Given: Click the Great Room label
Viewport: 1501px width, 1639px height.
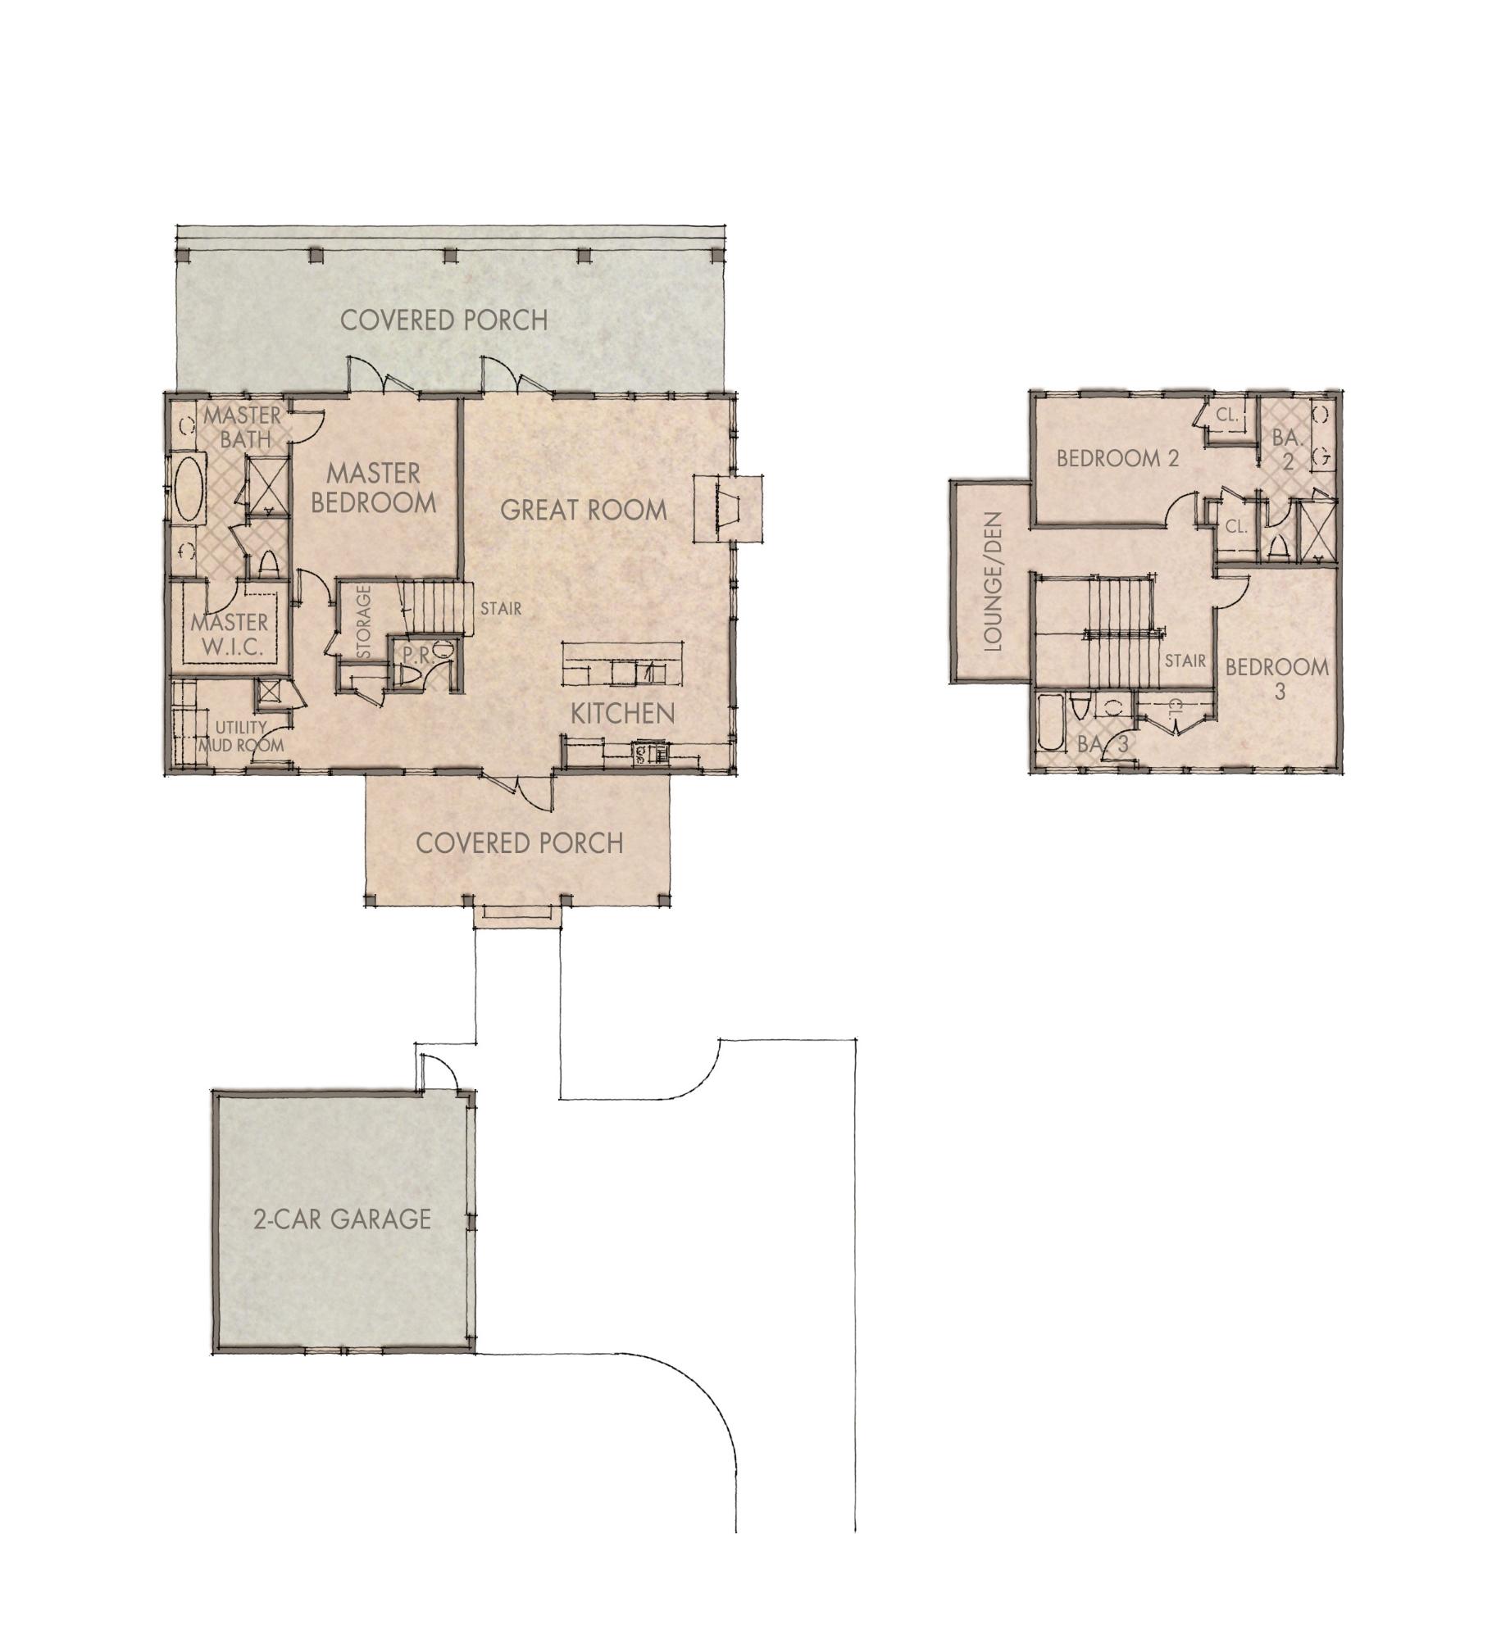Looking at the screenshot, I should [583, 510].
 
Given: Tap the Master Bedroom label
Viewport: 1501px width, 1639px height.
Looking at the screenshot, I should [373, 488].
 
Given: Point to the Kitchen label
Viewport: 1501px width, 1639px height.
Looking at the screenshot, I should [622, 713].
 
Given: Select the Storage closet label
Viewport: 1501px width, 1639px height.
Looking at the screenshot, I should [364, 620].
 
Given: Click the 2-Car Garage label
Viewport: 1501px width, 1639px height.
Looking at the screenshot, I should [342, 1219].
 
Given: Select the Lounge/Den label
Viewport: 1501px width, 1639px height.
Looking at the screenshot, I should [993, 582].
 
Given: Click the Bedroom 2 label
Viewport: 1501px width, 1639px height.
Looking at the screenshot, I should [1117, 458].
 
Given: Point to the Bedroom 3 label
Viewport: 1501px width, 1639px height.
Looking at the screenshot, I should [1276, 678].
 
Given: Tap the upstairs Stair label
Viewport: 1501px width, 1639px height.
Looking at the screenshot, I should [1185, 660].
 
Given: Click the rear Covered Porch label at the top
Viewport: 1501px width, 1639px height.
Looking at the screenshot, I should [443, 320].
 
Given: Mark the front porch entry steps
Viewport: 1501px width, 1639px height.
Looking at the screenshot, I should [518, 915].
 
